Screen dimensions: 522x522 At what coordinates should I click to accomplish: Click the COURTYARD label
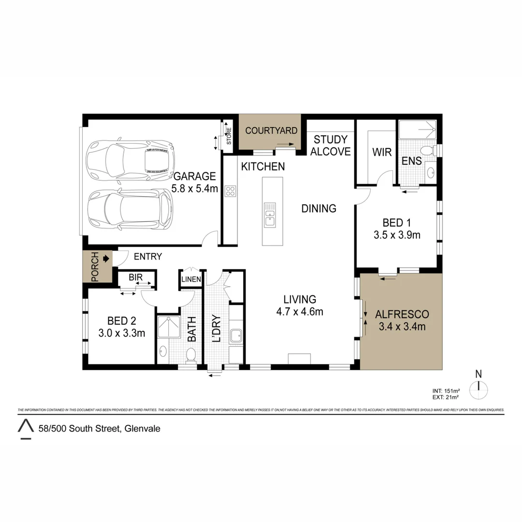271,130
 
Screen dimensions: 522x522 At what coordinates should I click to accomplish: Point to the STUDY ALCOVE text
330,145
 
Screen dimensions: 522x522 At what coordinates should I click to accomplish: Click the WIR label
381,152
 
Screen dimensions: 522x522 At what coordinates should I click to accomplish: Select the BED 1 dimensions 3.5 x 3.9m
396,235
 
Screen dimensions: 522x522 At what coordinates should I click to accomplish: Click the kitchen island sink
270,215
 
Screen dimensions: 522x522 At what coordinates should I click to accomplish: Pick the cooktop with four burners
230,191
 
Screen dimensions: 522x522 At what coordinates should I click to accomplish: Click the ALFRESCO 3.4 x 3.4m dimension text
402,327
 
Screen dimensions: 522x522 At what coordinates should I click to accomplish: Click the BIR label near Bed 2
135,278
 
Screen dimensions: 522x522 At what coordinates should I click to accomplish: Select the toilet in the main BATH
191,355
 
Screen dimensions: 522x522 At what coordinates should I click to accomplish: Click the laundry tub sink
236,335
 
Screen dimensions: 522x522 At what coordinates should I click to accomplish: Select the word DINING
319,208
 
